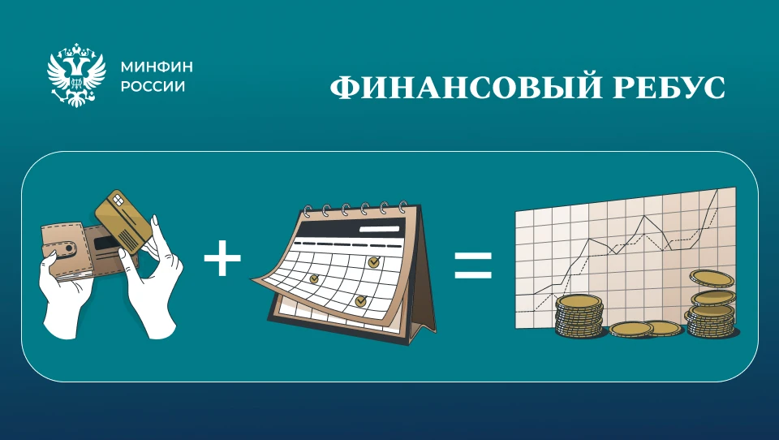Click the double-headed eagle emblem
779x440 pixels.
coord(76,75)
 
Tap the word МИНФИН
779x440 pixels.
coord(157,67)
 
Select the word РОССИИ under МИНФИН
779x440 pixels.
coord(153,87)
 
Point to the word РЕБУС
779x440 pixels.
coord(669,88)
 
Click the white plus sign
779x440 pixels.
coord(222,257)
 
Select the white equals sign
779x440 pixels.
coord(473,265)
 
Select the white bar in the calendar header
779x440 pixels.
coord(380,229)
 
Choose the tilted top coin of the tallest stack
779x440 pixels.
coord(711,278)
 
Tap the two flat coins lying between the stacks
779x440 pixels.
coord(646,329)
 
